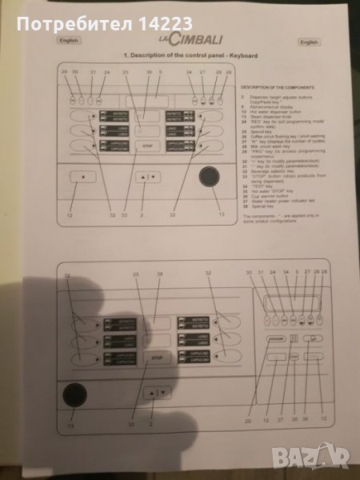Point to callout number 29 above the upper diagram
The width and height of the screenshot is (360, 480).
click(x=63, y=72)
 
